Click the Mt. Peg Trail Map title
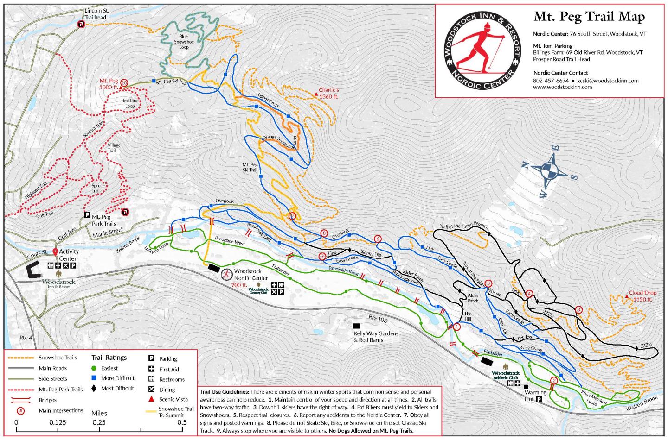589,17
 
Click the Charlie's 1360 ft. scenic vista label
328,93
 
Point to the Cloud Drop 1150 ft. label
642,296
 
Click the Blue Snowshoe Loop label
184,42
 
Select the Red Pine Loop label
130,103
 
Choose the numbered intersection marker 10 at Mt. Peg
123,83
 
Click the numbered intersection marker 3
578,309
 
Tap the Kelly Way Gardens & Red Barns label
375,337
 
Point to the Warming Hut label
535,396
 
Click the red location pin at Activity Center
55,252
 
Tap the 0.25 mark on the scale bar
99,422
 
